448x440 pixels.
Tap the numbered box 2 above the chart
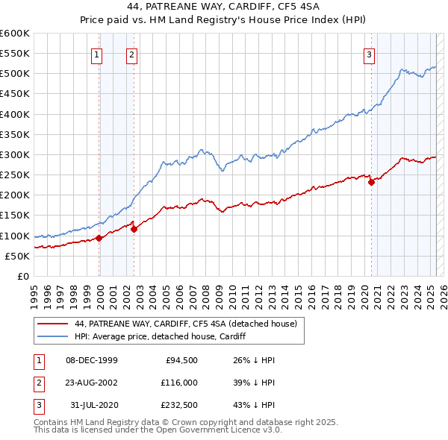click(x=131, y=54)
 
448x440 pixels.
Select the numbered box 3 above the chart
click(x=369, y=54)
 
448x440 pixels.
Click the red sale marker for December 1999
click(x=99, y=238)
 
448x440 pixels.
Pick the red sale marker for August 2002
click(x=134, y=229)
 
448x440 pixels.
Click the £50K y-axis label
click(x=17, y=256)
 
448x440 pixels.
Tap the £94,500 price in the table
click(x=182, y=360)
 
